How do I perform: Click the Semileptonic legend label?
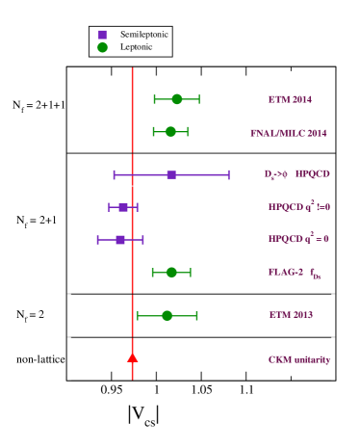tap(144, 34)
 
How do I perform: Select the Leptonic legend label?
tap(137, 46)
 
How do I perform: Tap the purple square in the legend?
tap(102, 34)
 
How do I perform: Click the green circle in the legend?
tap(102, 46)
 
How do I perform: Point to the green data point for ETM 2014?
tap(176, 99)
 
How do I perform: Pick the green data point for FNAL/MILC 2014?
tap(170, 131)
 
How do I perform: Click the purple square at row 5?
tap(171, 174)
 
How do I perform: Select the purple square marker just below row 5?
tap(123, 207)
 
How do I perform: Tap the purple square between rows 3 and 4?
tap(120, 239)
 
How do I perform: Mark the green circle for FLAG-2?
tap(171, 272)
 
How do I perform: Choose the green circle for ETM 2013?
tap(167, 315)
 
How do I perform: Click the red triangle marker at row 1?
tap(132, 357)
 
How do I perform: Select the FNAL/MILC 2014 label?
tap(289, 132)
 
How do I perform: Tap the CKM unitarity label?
tap(298, 359)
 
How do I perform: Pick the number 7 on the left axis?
tap(60, 99)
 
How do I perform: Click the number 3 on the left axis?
tap(60, 273)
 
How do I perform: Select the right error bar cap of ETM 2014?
tap(199, 99)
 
